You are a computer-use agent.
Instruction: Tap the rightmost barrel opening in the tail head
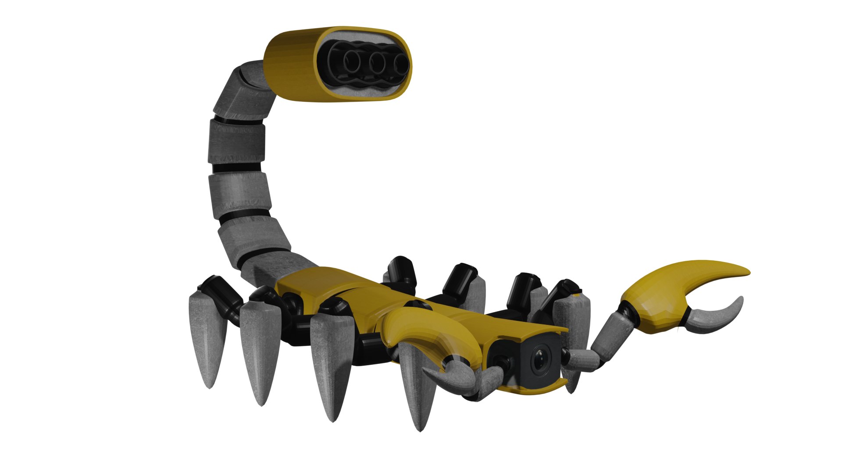[x=400, y=65]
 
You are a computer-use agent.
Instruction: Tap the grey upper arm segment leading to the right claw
[x=612, y=336]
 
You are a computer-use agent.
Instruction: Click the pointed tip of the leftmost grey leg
[x=210, y=386]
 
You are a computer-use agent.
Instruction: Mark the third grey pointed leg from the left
[x=332, y=364]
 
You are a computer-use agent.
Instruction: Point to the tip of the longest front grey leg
[x=420, y=429]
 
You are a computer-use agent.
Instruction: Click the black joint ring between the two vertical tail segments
[x=237, y=167]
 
